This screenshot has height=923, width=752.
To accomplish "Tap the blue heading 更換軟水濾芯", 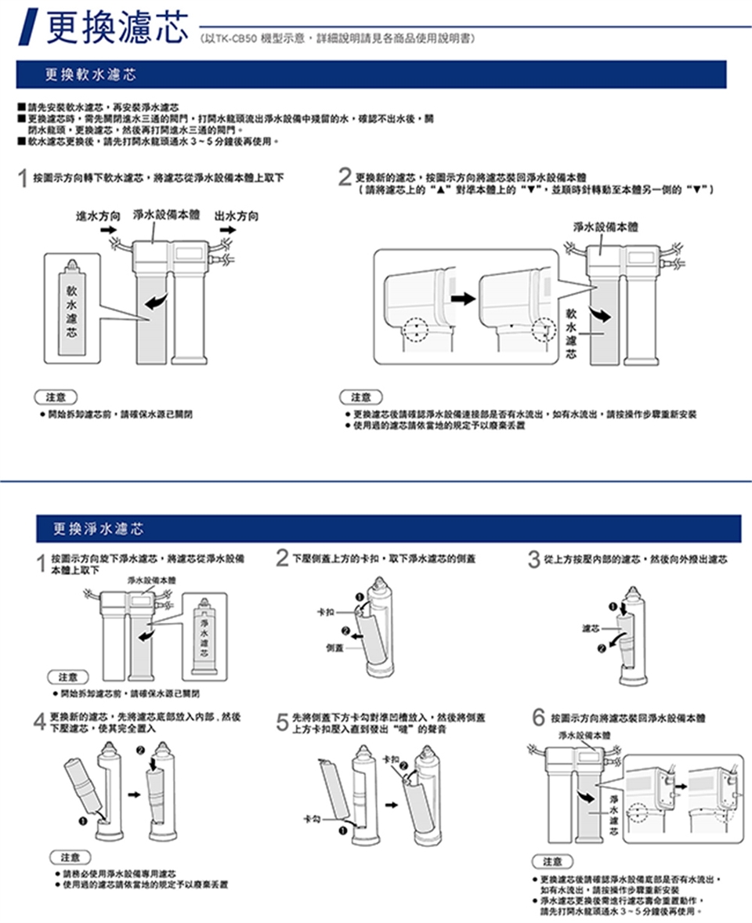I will (x=90, y=75).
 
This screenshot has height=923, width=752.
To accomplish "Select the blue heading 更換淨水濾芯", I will (x=98, y=529).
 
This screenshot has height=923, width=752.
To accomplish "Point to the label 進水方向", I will (x=98, y=215).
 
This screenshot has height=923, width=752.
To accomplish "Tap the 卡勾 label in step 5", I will (x=313, y=818).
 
